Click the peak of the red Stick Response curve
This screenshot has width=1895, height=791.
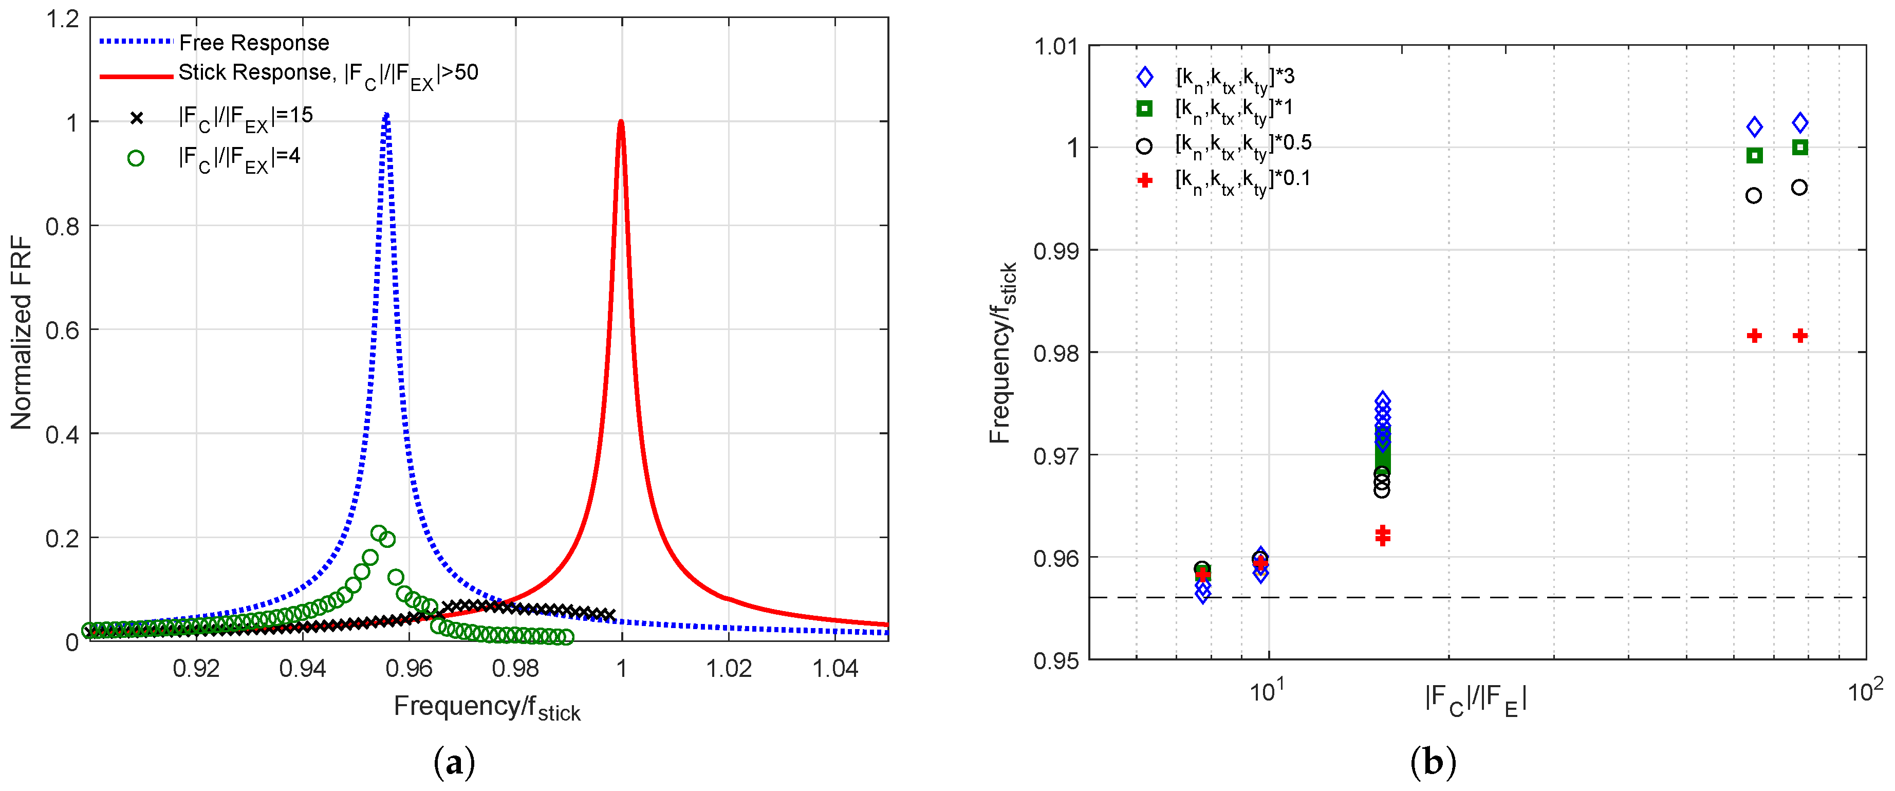tap(622, 123)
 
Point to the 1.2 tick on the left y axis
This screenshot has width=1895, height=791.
tap(63, 19)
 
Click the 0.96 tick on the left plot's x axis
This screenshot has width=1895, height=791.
tap(409, 668)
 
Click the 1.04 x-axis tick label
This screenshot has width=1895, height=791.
tap(835, 668)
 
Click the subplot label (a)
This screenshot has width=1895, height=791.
tap(455, 762)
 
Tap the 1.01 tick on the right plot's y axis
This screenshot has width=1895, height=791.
tap(1056, 46)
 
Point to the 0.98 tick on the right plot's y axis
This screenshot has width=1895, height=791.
tap(1056, 353)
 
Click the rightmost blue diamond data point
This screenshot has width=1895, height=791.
tap(1800, 123)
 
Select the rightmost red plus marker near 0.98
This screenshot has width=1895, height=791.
tap(1800, 336)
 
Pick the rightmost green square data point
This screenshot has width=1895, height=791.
tap(1800, 147)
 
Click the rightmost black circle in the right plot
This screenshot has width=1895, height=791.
tap(1799, 188)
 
